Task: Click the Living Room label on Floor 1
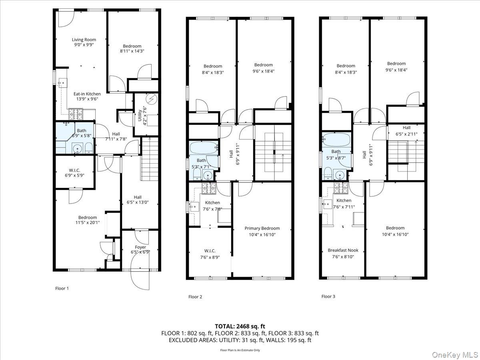84,40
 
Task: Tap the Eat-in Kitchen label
87,94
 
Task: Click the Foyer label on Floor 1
140,247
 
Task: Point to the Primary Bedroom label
262,228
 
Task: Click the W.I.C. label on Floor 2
210,251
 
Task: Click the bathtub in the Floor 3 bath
336,140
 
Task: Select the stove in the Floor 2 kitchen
208,186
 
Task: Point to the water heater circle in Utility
152,98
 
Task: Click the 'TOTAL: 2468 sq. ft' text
240,326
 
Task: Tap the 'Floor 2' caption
195,297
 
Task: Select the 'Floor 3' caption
328,296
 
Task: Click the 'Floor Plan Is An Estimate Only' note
240,350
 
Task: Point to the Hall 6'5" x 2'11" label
406,130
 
